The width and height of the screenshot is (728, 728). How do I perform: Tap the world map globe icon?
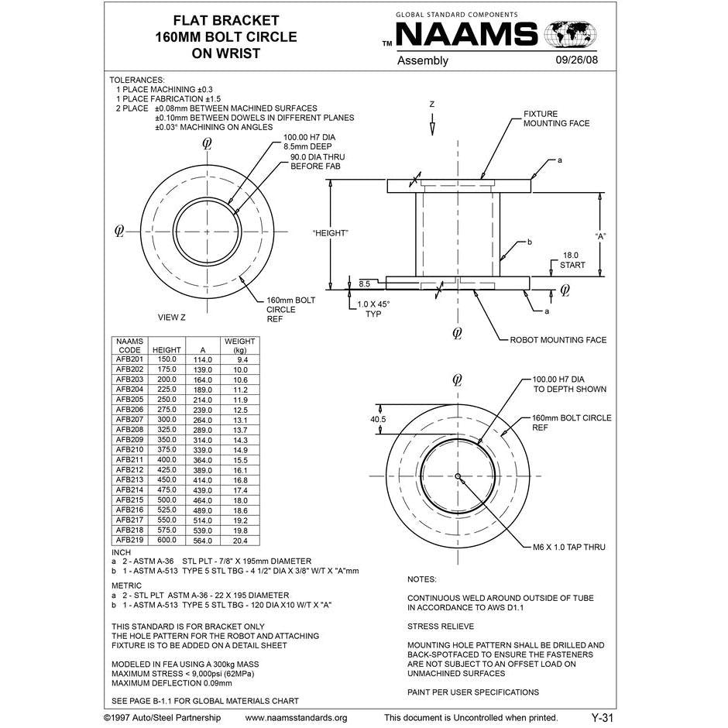click(x=571, y=35)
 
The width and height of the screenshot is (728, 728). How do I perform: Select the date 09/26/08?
click(x=576, y=60)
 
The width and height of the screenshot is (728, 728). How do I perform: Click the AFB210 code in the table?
click(x=129, y=450)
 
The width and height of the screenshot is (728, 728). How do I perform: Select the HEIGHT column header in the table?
click(x=167, y=350)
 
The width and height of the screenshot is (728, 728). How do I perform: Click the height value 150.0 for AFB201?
click(x=167, y=359)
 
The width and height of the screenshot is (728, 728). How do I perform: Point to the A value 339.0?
click(x=203, y=450)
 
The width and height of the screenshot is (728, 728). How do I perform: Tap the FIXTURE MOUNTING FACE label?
click(x=556, y=118)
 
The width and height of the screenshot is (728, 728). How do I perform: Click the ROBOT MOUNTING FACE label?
click(x=558, y=340)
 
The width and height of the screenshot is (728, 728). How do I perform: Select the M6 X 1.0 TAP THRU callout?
click(x=569, y=548)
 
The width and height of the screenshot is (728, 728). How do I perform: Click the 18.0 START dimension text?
click(x=572, y=259)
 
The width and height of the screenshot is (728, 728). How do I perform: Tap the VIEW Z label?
click(x=172, y=318)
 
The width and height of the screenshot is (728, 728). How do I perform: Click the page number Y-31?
click(x=602, y=718)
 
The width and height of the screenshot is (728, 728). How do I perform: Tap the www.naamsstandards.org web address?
click(x=296, y=718)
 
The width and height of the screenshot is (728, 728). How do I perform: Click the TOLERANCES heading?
click(x=137, y=80)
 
